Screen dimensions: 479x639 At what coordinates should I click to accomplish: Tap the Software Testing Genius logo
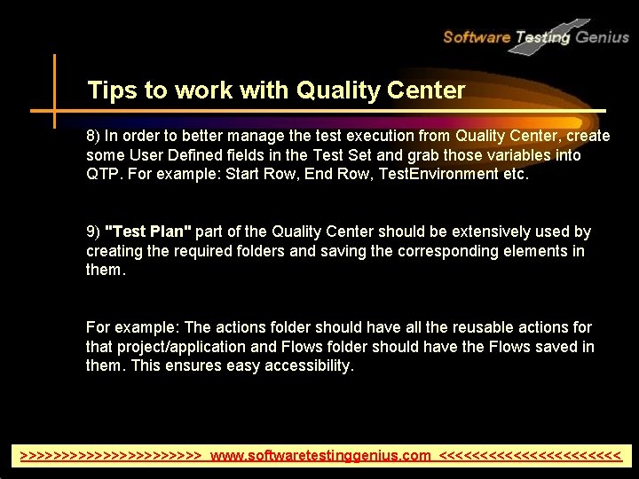535,37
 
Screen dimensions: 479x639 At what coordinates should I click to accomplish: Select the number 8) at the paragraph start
93,137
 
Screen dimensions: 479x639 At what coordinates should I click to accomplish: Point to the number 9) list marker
93,232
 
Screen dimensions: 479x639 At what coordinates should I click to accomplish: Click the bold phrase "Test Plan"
148,232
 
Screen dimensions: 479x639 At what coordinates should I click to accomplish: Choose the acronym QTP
104,175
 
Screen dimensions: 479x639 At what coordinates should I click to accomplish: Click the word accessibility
304,366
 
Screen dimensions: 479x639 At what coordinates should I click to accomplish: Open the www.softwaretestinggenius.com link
320,456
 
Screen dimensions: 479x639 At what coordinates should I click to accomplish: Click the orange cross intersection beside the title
54,111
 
